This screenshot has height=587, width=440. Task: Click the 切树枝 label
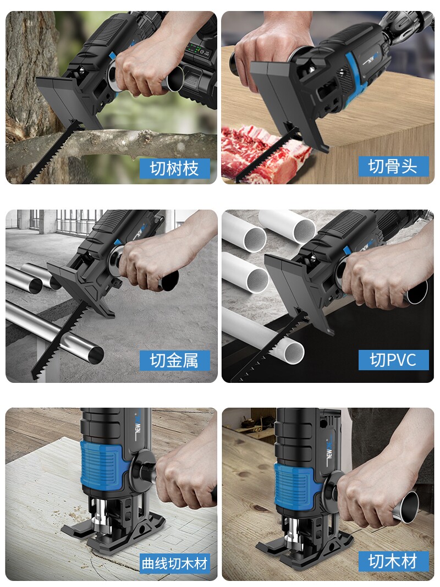(174, 168)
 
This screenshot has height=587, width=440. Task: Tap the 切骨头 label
(393, 166)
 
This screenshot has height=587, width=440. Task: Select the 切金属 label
(173, 361)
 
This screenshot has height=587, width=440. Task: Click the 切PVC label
(393, 360)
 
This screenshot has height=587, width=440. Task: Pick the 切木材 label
(393, 562)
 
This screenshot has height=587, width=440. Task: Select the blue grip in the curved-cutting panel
(102, 465)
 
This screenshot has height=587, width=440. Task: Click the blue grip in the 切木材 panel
(294, 484)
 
